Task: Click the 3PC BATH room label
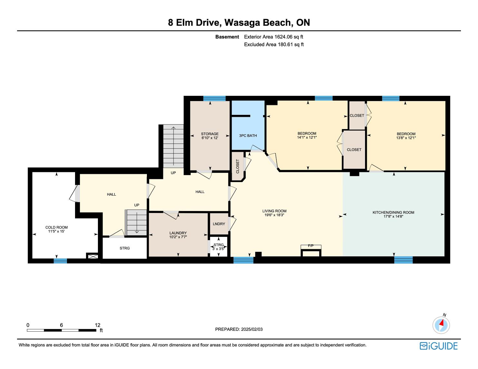pyautogui.click(x=248, y=135)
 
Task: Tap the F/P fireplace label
pyautogui.click(x=311, y=246)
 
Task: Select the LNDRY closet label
pyautogui.click(x=219, y=224)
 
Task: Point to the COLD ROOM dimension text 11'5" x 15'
pyautogui.click(x=57, y=231)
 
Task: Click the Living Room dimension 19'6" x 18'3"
pyautogui.click(x=274, y=215)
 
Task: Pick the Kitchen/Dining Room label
pyautogui.click(x=393, y=212)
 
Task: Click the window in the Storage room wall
pyautogui.click(x=214, y=98)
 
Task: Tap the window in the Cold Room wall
pyautogui.click(x=60, y=261)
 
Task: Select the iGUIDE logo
pyautogui.click(x=438, y=346)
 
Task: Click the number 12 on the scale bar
pyautogui.click(x=98, y=325)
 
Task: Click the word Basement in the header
pyautogui.click(x=227, y=37)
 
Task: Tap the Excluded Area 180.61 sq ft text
pyautogui.click(x=274, y=45)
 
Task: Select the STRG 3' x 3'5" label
pyautogui.click(x=218, y=247)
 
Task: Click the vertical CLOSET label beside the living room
pyautogui.click(x=238, y=166)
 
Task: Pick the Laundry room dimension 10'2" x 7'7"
pyautogui.click(x=178, y=237)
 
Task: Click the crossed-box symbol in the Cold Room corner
pyautogui.click(x=93, y=256)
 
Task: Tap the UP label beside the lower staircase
pyautogui.click(x=137, y=205)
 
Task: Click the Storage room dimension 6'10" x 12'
pyautogui.click(x=210, y=138)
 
